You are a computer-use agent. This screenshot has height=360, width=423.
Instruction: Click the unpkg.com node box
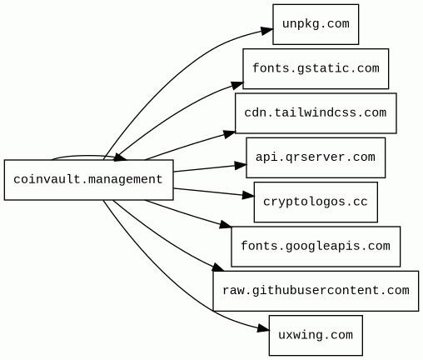pyautogui.click(x=316, y=24)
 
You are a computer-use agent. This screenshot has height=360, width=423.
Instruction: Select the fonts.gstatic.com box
pyautogui.click(x=316, y=69)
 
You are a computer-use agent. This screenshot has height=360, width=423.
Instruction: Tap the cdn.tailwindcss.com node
pyautogui.click(x=316, y=113)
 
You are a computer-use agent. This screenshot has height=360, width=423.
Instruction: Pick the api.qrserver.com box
pyautogui.click(x=316, y=157)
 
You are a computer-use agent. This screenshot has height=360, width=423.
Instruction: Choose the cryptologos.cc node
pyautogui.click(x=316, y=202)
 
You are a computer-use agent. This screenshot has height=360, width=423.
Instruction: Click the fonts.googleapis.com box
pyautogui.click(x=316, y=247)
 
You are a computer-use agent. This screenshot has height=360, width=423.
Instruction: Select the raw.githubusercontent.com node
pyautogui.click(x=316, y=291)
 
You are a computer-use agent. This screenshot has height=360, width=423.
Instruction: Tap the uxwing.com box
pyautogui.click(x=316, y=336)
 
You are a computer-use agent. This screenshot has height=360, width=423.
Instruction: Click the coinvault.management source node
pyautogui.click(x=89, y=180)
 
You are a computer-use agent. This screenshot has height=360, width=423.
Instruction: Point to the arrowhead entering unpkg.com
pyautogui.click(x=266, y=31)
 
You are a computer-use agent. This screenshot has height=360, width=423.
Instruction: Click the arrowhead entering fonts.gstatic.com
pyautogui.click(x=236, y=85)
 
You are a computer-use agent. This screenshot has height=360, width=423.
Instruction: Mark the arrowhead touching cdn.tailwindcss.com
pyautogui.click(x=229, y=134)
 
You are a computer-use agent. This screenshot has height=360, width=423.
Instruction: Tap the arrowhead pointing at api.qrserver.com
pyautogui.click(x=241, y=166)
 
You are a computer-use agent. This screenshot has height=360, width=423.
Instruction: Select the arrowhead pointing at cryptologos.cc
pyautogui.click(x=248, y=195)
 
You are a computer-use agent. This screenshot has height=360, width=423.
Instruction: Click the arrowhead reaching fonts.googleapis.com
pyautogui.click(x=226, y=225)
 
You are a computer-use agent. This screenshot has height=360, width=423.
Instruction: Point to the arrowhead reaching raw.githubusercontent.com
pyautogui.click(x=217, y=267)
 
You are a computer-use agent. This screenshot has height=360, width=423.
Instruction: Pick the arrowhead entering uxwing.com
pyautogui.click(x=263, y=328)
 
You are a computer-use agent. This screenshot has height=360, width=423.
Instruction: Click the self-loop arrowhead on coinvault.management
pyautogui.click(x=121, y=157)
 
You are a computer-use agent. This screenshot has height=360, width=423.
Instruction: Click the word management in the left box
pyautogui.click(x=125, y=180)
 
